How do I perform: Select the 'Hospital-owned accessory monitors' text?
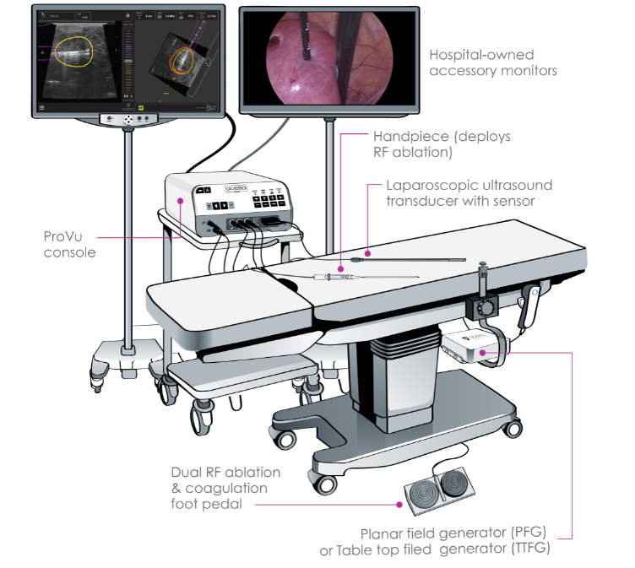point(493,62)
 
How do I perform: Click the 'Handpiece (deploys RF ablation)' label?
point(442,144)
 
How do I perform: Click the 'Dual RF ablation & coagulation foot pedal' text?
point(225,489)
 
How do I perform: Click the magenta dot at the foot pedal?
point(399,505)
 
